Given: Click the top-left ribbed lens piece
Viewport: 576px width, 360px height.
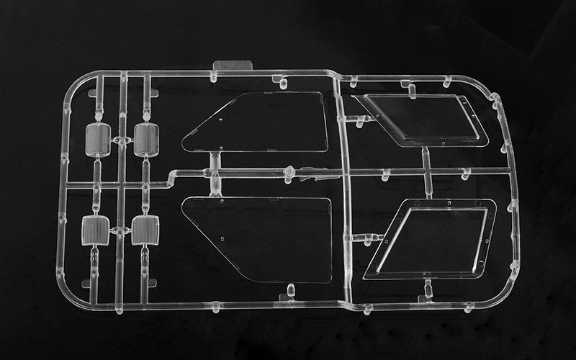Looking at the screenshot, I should [x=99, y=140].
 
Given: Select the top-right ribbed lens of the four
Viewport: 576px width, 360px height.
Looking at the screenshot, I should [x=146, y=138].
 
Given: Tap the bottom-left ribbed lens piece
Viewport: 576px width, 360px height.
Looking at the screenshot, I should [x=95, y=230].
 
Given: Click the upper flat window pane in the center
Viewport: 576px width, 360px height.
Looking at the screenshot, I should [x=259, y=122].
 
